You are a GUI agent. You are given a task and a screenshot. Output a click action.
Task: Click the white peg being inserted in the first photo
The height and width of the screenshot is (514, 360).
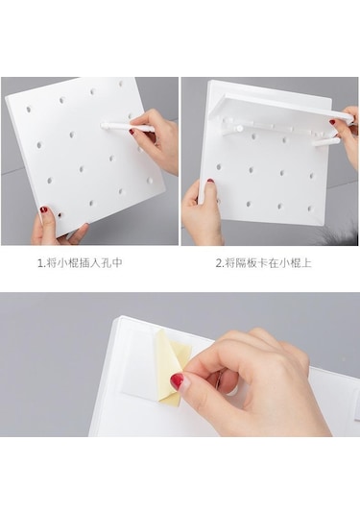[127, 127]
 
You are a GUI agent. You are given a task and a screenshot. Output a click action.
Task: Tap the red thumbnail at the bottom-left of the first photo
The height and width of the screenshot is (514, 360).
[43, 209]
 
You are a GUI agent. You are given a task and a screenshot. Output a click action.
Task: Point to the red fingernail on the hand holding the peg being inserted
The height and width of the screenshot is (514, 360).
[132, 133]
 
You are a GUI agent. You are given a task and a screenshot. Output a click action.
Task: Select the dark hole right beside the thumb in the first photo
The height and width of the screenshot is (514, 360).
[60, 215]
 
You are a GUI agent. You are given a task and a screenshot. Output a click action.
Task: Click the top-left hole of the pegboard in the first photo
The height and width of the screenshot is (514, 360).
[29, 109]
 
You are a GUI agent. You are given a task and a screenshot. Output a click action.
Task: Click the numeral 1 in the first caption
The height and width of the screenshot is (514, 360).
[40, 263]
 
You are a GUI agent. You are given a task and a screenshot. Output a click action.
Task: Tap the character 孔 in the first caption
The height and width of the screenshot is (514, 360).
[106, 263]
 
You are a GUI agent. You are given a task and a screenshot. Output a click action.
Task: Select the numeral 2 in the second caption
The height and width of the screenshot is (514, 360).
[219, 263]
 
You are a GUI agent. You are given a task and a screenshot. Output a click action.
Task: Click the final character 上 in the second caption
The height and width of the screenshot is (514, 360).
[305, 263]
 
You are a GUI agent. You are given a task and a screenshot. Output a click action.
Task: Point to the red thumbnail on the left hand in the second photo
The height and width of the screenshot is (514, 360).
[210, 181]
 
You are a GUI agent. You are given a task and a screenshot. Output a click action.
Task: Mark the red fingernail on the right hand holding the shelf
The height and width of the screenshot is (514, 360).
[332, 122]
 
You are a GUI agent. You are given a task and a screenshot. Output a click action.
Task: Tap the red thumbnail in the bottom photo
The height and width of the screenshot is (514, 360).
[177, 381]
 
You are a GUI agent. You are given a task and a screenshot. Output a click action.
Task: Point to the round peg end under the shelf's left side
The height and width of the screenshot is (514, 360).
[240, 128]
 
